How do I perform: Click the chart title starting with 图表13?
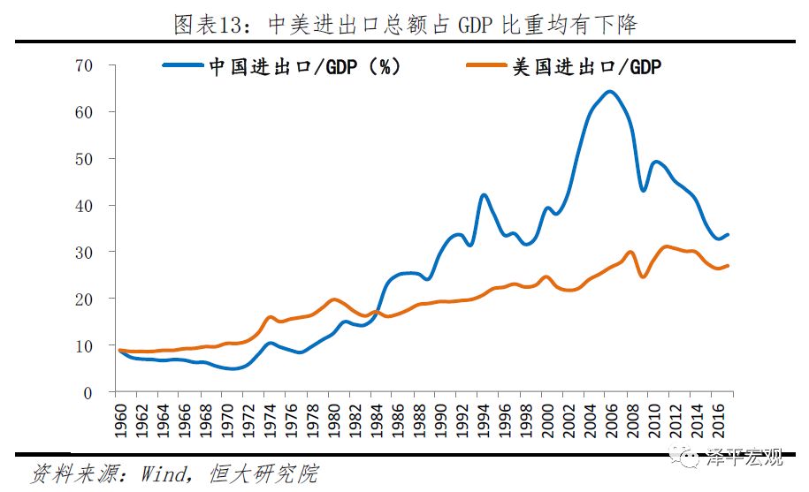click(x=405, y=24)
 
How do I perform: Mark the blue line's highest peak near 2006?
click(x=610, y=91)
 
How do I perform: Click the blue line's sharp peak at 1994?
click(x=484, y=194)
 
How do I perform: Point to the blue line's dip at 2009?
click(x=643, y=190)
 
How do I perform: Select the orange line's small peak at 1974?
click(x=270, y=316)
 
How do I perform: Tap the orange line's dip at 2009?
click(x=643, y=276)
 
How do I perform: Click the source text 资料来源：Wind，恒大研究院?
click(x=173, y=473)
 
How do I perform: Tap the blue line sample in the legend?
click(x=183, y=64)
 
